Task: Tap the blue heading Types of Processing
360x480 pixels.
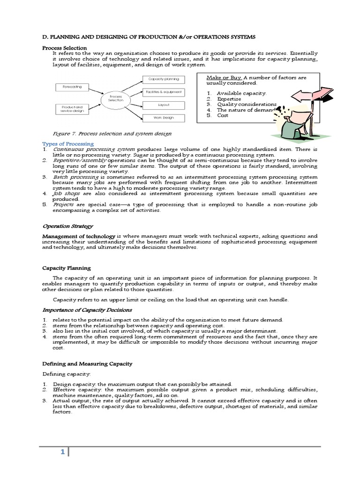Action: click(68, 143)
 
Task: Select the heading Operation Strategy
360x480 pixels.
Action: click(68, 226)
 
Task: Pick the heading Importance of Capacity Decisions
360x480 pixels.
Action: click(87, 310)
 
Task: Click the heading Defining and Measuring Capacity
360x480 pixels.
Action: click(87, 363)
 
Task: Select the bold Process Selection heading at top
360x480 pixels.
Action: click(65, 48)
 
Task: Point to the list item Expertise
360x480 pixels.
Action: click(229, 99)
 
